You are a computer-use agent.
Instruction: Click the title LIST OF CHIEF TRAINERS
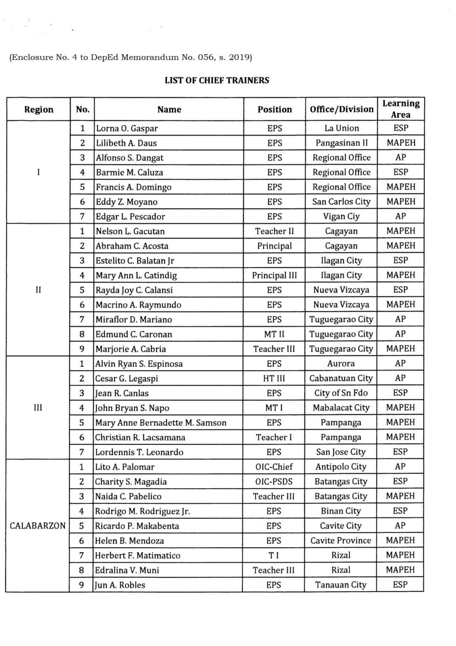pyautogui.click(x=216, y=80)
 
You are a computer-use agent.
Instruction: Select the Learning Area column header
pyautogui.click(x=401, y=109)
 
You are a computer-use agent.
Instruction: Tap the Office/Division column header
pyautogui.click(x=341, y=109)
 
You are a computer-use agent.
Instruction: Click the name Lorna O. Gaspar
pyautogui.click(x=127, y=128)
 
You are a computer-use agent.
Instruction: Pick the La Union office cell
pyautogui.click(x=341, y=128)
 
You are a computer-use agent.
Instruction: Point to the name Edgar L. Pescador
pyautogui.click(x=130, y=217)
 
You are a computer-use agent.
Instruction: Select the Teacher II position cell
pyautogui.click(x=274, y=231)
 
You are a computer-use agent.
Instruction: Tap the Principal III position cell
pyautogui.click(x=274, y=275)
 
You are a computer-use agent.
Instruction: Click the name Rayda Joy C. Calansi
pyautogui.click(x=134, y=290)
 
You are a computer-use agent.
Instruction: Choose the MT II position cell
pyautogui.click(x=274, y=334)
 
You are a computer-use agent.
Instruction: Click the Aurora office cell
pyautogui.click(x=341, y=364)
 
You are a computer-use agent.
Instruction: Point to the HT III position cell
pyautogui.click(x=274, y=379)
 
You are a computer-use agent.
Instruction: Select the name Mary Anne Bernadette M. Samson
pyautogui.click(x=161, y=423)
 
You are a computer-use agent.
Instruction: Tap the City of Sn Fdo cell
pyautogui.click(x=341, y=393)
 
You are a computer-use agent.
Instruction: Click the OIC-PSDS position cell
pyautogui.click(x=274, y=482)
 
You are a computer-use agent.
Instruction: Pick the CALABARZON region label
pyautogui.click(x=37, y=526)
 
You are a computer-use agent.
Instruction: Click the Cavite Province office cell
pyautogui.click(x=341, y=541)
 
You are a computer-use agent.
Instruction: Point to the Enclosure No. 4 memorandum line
pyautogui.click(x=130, y=57)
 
